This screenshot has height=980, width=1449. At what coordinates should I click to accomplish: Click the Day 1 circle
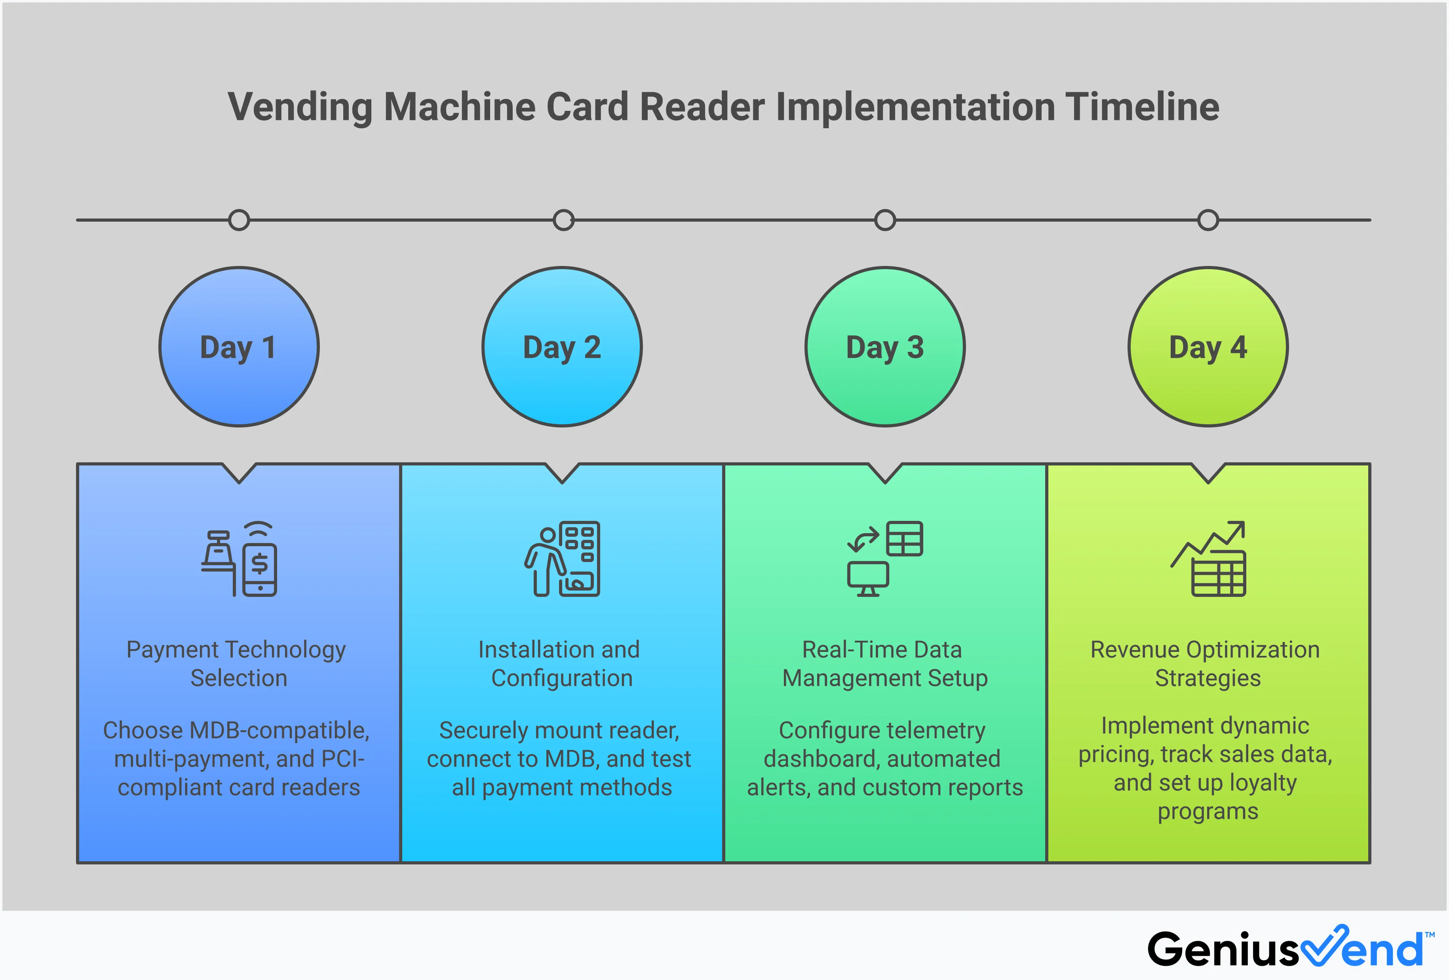239,347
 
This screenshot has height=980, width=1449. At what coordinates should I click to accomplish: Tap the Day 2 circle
562,347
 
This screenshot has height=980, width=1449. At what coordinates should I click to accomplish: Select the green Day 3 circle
885,347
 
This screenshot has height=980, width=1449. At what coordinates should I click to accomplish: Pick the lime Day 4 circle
1208,347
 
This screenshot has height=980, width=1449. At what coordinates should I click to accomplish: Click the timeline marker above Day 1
239,220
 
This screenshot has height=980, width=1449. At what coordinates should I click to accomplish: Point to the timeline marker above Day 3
885,220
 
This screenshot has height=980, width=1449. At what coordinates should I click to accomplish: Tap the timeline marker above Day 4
1208,220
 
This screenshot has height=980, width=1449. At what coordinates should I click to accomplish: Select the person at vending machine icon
562,559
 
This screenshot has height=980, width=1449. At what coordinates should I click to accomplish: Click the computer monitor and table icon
885,559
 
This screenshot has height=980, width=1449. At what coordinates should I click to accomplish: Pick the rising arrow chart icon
1208,559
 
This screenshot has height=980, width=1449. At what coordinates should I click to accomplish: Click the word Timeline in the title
1142,106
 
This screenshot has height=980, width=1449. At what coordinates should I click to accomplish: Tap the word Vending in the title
300,106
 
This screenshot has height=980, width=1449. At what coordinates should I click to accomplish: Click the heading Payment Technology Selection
237,664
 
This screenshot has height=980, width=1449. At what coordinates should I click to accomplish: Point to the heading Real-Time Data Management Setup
884,664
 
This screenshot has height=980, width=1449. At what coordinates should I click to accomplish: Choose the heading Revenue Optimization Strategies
1206,664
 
